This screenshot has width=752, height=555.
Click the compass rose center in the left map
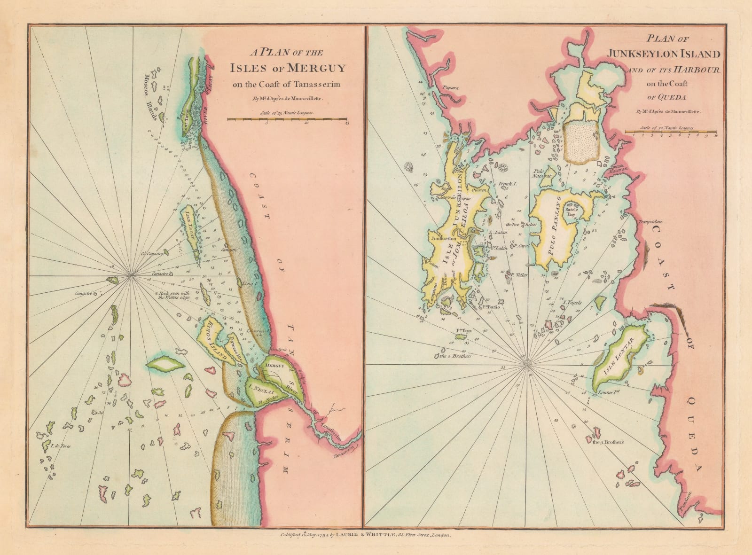coord(132,274)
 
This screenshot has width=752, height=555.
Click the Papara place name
coord(451,87)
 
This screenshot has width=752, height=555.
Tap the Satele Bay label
coord(571,211)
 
